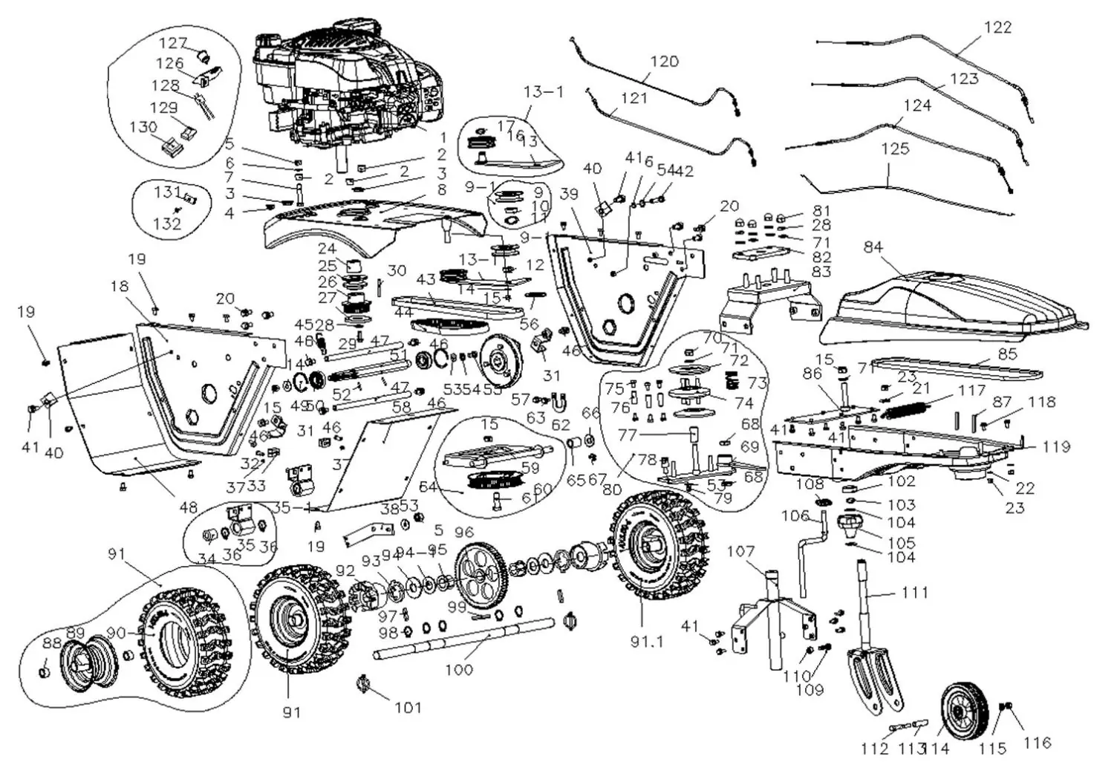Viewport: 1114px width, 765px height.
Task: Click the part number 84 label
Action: coord(873,246)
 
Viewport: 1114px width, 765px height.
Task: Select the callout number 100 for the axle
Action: coord(459,669)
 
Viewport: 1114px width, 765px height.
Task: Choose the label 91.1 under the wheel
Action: coord(647,642)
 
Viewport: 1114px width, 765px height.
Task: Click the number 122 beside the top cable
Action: coord(997,27)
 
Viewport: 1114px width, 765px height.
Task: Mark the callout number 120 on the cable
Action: coord(664,62)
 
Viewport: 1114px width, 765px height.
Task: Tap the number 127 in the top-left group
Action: coord(172,44)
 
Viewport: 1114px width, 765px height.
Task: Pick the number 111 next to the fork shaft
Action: coord(915,593)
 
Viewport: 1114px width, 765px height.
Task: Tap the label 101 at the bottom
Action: coord(408,707)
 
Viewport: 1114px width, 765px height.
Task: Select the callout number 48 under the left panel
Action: coord(189,507)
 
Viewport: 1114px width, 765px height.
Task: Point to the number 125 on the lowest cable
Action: coord(895,149)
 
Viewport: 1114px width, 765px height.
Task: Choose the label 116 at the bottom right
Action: coord(1037,742)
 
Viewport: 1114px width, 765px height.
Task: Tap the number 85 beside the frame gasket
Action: coord(1007,354)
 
